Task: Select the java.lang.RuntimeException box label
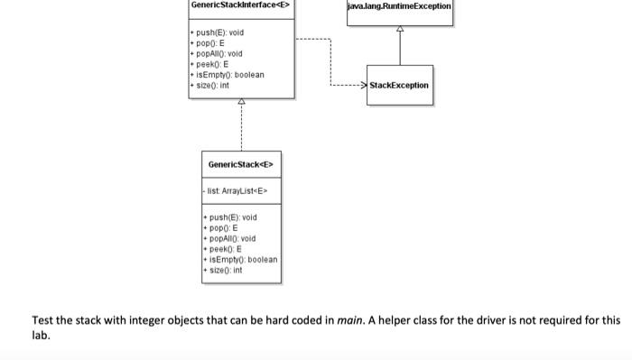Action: point(400,6)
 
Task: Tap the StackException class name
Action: point(400,85)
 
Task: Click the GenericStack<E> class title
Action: point(241,164)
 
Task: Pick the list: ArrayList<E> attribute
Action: point(237,191)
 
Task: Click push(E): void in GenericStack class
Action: point(234,217)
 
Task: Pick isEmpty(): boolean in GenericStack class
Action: point(244,260)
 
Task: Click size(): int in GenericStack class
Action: point(228,270)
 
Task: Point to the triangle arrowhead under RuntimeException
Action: point(400,29)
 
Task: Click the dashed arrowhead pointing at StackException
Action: point(363,85)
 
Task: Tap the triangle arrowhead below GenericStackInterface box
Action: point(241,103)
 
